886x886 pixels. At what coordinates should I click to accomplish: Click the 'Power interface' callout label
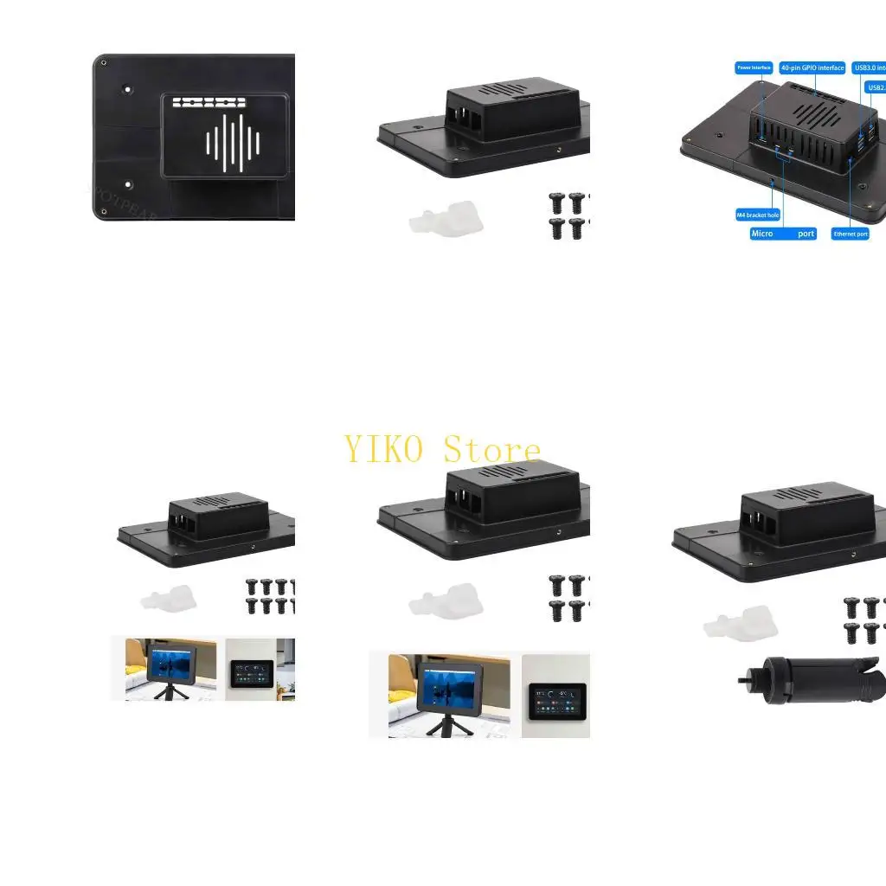[754, 67]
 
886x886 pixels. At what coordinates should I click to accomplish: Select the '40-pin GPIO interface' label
[812, 67]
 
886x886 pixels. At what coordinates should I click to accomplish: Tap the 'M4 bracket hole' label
[758, 215]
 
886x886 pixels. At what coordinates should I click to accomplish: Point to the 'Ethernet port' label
[850, 234]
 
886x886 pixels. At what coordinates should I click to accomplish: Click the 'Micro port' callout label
[783, 234]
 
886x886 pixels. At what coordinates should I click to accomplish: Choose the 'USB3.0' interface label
[869, 67]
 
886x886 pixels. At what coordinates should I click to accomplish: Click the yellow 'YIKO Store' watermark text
[442, 450]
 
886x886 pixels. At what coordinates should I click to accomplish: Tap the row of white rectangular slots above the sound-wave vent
[209, 102]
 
